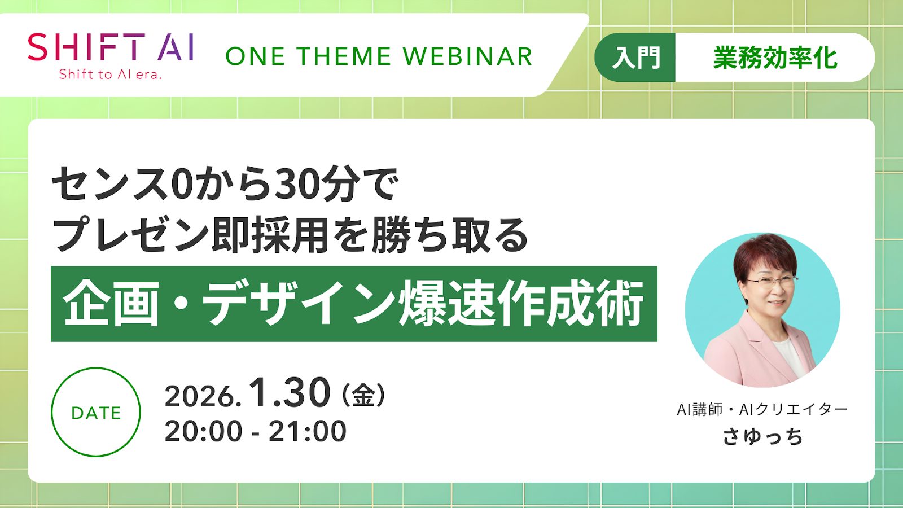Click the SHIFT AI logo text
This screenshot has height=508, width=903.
click(111, 47)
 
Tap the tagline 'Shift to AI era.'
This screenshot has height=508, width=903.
click(110, 74)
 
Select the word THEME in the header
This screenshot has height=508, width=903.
click(345, 56)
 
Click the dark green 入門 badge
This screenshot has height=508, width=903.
click(635, 57)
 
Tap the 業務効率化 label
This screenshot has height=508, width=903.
click(775, 58)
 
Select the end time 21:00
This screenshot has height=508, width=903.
click(308, 431)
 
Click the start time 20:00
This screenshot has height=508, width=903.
click(204, 431)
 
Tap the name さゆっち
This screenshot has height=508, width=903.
click(762, 437)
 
